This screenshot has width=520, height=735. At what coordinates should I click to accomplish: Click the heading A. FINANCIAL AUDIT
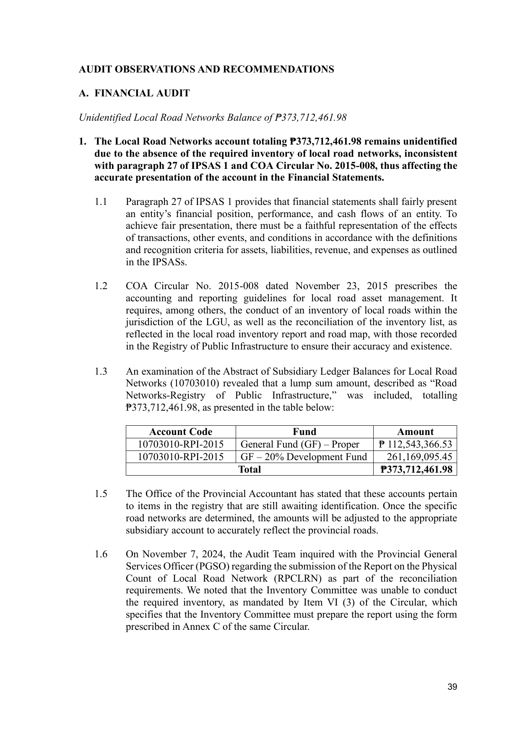pyautogui.click(x=134, y=93)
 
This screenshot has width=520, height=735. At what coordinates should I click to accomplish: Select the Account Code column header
pyautogui.click(x=181, y=432)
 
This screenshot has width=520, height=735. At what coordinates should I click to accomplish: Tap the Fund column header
pyautogui.click(x=304, y=432)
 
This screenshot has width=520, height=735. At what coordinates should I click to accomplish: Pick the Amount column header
pyautogui.click(x=415, y=432)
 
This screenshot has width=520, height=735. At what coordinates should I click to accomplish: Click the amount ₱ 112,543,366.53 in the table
pyautogui.click(x=415, y=445)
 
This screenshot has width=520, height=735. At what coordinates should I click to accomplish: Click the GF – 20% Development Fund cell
pyautogui.click(x=304, y=457)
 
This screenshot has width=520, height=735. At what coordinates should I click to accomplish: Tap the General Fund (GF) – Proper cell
pyautogui.click(x=300, y=445)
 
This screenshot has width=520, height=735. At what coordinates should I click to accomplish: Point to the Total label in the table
pyautogui.click(x=250, y=469)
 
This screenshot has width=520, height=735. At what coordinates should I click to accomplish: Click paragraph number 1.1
pyautogui.click(x=101, y=202)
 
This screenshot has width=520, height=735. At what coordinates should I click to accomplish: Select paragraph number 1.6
pyautogui.click(x=101, y=554)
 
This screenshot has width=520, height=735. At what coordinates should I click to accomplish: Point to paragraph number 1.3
pyautogui.click(x=101, y=372)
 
